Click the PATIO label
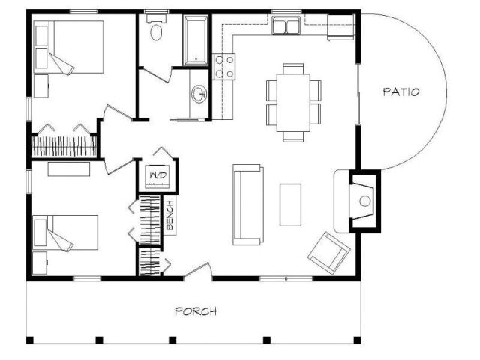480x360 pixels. (x=401, y=91)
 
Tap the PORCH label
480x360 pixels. (x=196, y=311)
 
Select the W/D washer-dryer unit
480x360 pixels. (x=158, y=176)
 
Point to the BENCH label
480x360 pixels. (x=170, y=215)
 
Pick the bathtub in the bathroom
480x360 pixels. (x=196, y=40)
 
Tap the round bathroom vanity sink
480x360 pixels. (x=199, y=93)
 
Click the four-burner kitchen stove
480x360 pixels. (x=223, y=67)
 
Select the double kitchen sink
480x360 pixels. (x=286, y=25)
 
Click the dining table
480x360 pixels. (x=293, y=103)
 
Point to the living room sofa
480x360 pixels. (x=248, y=205)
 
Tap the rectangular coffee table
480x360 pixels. (x=290, y=205)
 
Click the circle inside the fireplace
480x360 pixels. (x=364, y=202)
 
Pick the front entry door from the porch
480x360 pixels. (x=198, y=271)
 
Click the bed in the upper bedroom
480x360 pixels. (x=68, y=46)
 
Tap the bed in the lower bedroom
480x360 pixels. (x=65, y=232)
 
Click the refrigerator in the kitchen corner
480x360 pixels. (x=341, y=27)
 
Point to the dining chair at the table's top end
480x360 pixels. (x=293, y=68)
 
